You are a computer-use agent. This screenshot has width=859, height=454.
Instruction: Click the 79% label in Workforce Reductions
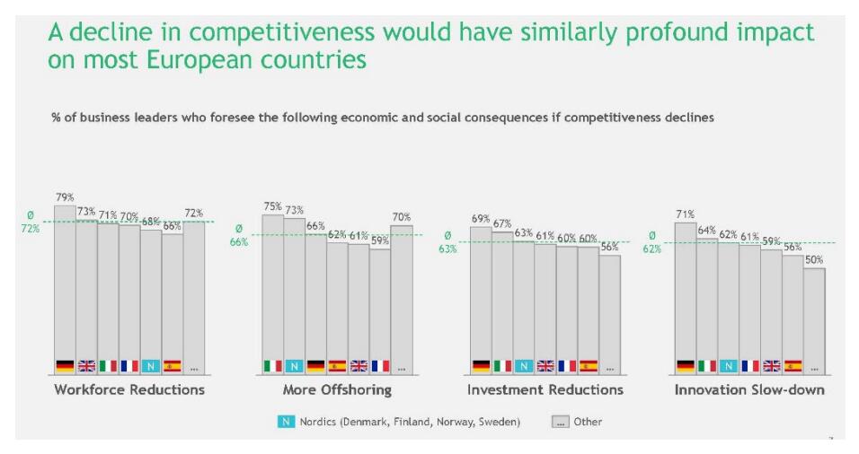click(x=64, y=197)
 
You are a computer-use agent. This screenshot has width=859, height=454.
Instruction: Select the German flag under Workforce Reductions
click(x=64, y=366)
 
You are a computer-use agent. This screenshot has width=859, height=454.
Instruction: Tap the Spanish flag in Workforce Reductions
click(x=173, y=366)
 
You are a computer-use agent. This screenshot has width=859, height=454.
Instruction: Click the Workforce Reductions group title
click(x=129, y=389)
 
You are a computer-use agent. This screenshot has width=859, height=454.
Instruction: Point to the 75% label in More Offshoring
click(x=272, y=206)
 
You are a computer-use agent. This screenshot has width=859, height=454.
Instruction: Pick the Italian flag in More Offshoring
click(x=272, y=366)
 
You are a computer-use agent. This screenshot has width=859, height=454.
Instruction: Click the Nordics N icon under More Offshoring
click(x=294, y=366)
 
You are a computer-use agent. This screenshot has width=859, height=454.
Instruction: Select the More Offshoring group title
click(x=337, y=389)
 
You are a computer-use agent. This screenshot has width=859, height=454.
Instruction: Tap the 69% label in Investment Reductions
click(x=481, y=219)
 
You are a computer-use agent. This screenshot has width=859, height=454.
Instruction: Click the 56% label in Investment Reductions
click(x=610, y=248)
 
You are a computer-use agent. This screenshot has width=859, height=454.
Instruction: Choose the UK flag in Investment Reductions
click(x=545, y=366)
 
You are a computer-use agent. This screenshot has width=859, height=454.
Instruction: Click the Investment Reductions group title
click(x=545, y=389)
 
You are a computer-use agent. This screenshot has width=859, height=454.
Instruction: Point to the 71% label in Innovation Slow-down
click(x=685, y=214)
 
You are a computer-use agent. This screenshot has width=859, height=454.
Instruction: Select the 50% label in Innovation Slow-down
click(x=814, y=260)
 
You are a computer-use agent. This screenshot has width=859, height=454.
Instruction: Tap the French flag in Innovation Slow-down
click(x=749, y=366)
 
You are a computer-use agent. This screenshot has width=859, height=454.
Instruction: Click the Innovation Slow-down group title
click(x=749, y=389)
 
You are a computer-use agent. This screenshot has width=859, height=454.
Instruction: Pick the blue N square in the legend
click(x=286, y=422)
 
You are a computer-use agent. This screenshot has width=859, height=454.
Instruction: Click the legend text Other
click(x=589, y=422)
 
